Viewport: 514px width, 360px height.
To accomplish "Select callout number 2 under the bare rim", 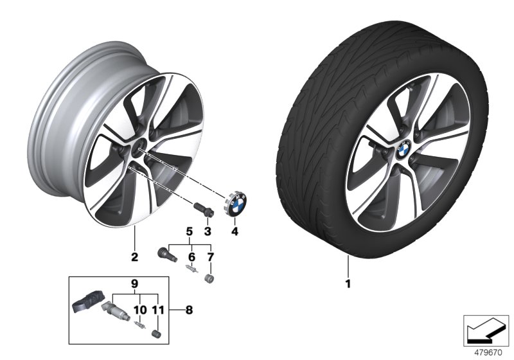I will [x=134, y=258].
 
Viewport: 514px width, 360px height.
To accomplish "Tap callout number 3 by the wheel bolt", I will [x=207, y=231].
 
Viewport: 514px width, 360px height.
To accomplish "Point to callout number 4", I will [x=235, y=231].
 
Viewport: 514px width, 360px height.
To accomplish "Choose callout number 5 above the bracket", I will [x=190, y=231].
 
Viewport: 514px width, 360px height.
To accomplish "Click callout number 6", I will [x=190, y=256].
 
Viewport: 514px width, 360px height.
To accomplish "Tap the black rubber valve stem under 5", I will [x=165, y=253].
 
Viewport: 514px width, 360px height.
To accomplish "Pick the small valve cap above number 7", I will [x=208, y=278].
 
